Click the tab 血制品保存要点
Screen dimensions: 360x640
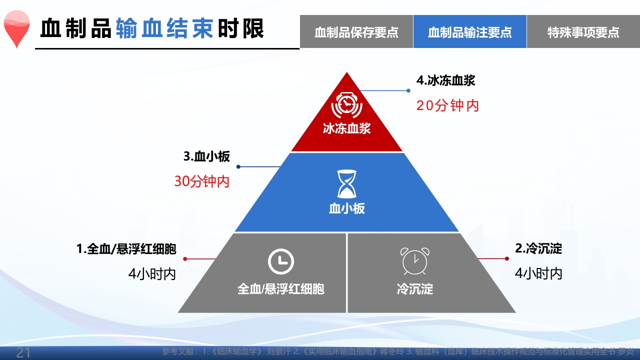(356, 32)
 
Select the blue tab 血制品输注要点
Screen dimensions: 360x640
(470, 32)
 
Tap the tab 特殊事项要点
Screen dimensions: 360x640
(583, 32)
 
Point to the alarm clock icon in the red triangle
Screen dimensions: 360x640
(346, 105)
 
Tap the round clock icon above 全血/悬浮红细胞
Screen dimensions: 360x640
(280, 261)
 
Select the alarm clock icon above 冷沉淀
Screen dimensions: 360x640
(414, 261)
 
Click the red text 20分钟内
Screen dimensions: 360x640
(447, 105)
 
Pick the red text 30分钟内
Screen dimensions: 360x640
(201, 181)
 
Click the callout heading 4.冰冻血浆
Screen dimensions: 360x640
(445, 80)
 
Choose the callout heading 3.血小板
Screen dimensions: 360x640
(206, 156)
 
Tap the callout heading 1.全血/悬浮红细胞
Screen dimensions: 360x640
(126, 248)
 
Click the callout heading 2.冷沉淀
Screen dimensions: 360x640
(538, 248)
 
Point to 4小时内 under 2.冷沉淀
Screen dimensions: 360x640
(538, 273)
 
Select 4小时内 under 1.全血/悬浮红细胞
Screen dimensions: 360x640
(152, 273)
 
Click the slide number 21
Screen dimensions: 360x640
(23, 353)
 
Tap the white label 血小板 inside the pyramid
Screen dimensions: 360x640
(346, 208)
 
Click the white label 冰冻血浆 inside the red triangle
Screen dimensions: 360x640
(346, 128)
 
